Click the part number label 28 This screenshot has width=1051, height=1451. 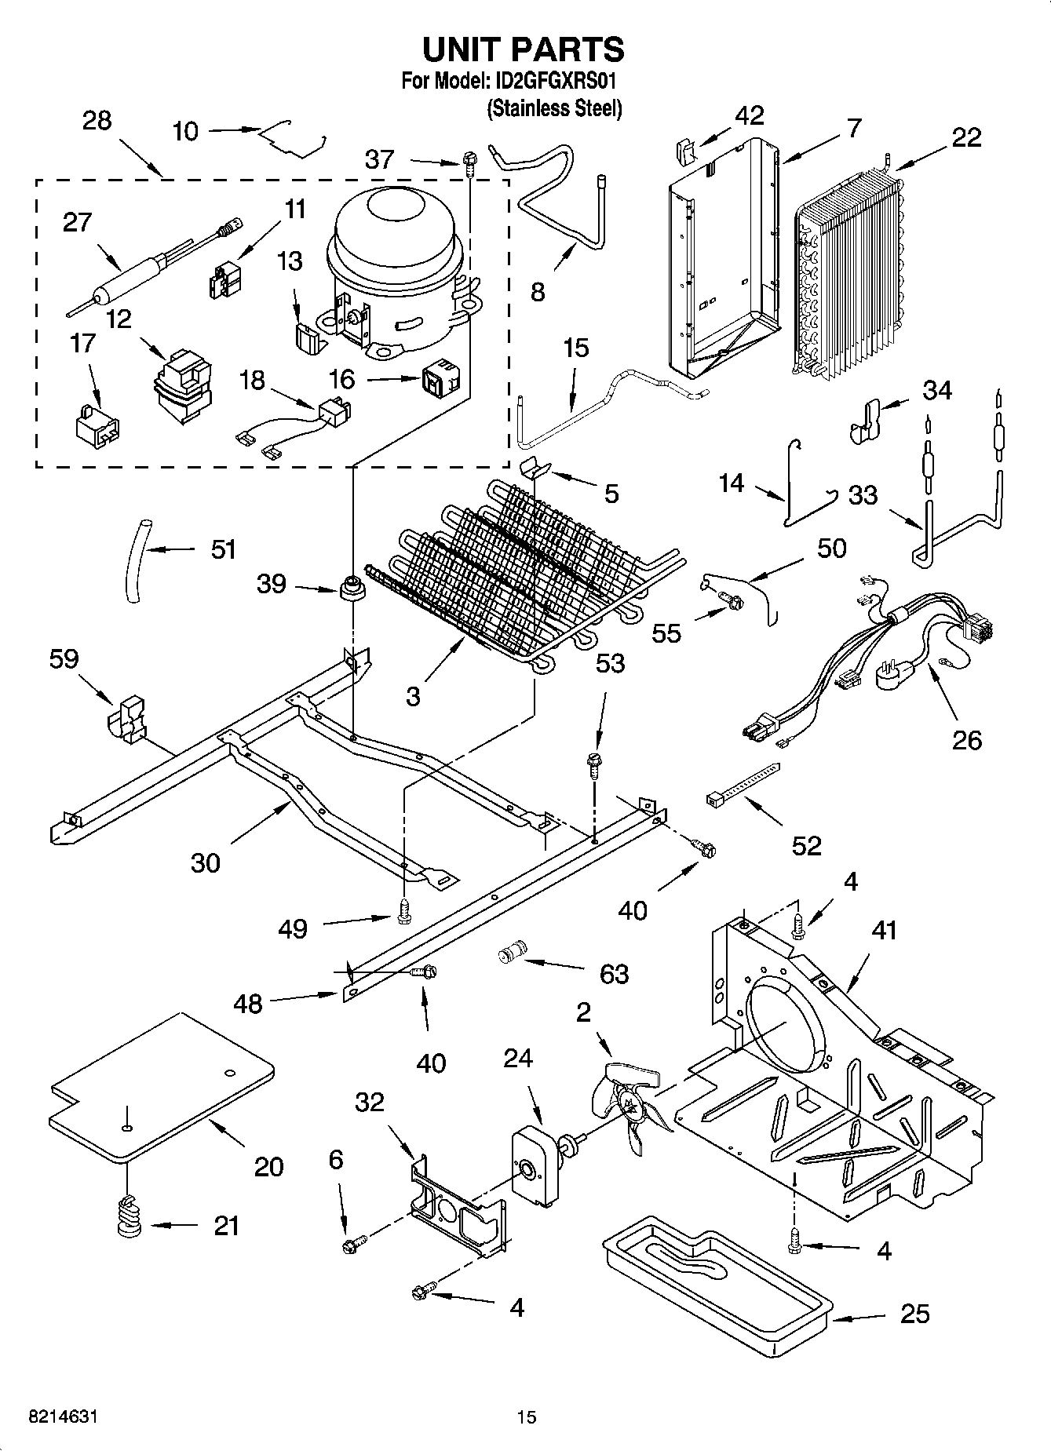pyautogui.click(x=97, y=121)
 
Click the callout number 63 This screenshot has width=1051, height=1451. pyautogui.click(x=614, y=974)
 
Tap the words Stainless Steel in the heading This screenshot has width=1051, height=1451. pyautogui.click(x=555, y=108)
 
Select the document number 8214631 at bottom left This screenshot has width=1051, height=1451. pyautogui.click(x=63, y=1417)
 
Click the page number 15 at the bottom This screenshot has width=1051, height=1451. pyautogui.click(x=526, y=1417)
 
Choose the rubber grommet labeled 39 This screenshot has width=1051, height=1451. pyautogui.click(x=352, y=588)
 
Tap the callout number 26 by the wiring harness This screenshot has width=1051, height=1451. pyautogui.click(x=966, y=739)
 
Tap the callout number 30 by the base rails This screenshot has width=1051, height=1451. pyautogui.click(x=206, y=862)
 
